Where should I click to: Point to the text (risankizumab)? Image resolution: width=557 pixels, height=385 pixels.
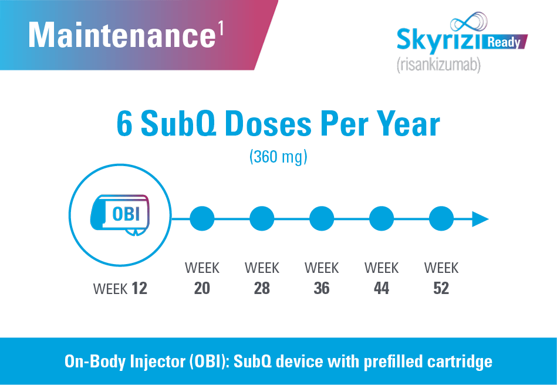(x=438, y=65)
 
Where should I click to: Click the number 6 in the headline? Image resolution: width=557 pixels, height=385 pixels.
(x=124, y=124)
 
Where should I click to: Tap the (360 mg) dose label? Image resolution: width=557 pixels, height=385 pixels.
(x=278, y=157)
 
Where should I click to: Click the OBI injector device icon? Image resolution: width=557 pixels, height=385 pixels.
(x=120, y=214)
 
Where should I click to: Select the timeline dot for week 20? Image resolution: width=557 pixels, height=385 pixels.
(x=202, y=219)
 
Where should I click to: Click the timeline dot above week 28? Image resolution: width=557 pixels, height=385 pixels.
(x=262, y=219)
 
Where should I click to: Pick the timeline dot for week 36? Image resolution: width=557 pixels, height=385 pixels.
(x=322, y=219)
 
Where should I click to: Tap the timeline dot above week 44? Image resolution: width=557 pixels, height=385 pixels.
(x=382, y=219)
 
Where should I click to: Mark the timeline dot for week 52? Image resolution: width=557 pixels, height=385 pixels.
(x=441, y=219)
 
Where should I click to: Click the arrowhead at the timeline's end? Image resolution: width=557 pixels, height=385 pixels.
(x=480, y=219)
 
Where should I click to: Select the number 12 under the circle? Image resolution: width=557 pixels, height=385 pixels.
(x=139, y=289)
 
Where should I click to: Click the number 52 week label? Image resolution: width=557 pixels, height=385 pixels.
(x=441, y=289)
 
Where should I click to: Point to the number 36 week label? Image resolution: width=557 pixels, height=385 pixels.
(x=322, y=289)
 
